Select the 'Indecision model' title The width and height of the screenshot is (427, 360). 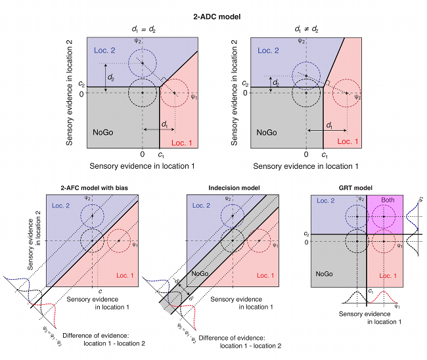233,188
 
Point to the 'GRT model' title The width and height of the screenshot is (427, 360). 363,188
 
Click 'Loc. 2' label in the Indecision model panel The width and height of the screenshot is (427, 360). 200,206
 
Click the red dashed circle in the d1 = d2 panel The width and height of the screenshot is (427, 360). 175,93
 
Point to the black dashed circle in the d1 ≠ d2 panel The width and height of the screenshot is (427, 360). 306,93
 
